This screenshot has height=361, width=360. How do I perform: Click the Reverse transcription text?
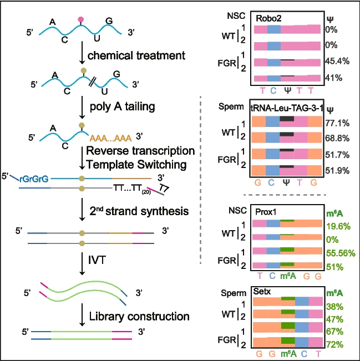[x=140, y=151]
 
